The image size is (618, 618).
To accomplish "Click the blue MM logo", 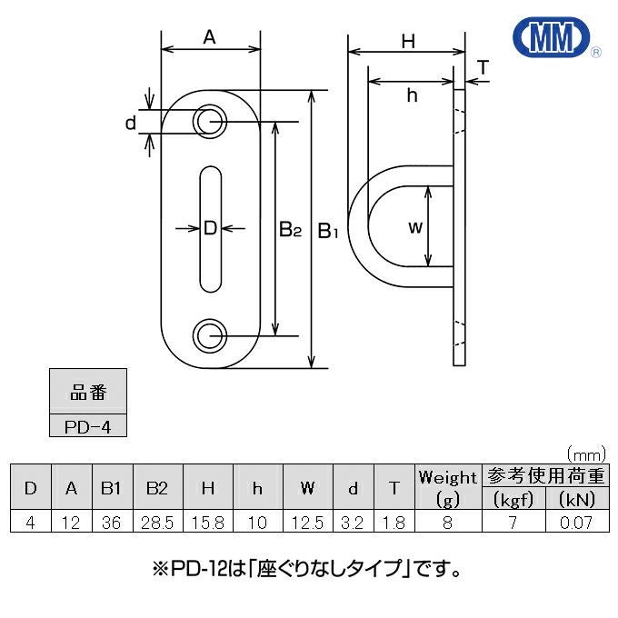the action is pos(551,37).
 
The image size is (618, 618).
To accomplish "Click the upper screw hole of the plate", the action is pos(210,122).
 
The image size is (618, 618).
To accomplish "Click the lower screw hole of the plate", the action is pos(210,335).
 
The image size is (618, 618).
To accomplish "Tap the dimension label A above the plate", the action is pos(210,37).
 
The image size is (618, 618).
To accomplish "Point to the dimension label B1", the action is pos(328,231).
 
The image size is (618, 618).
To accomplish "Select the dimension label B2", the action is pos(290,229).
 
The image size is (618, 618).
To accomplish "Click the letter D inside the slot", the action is pos(211,228).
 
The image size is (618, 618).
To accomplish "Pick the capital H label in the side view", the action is pos(408,42).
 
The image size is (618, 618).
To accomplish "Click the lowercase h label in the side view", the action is pos(412,95).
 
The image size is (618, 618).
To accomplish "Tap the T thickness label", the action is pos(483,67).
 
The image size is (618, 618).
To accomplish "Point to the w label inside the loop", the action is pos(415,227).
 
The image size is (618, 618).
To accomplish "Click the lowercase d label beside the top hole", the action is pos(131,123).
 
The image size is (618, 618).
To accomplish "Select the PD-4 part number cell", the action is pos(88,425).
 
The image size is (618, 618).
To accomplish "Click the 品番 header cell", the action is pos(88,392).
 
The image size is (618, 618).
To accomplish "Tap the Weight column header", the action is pos(448,487).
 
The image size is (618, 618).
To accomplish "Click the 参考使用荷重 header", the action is pos(545,475).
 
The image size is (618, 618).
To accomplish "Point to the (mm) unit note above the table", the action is pos(586,454).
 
